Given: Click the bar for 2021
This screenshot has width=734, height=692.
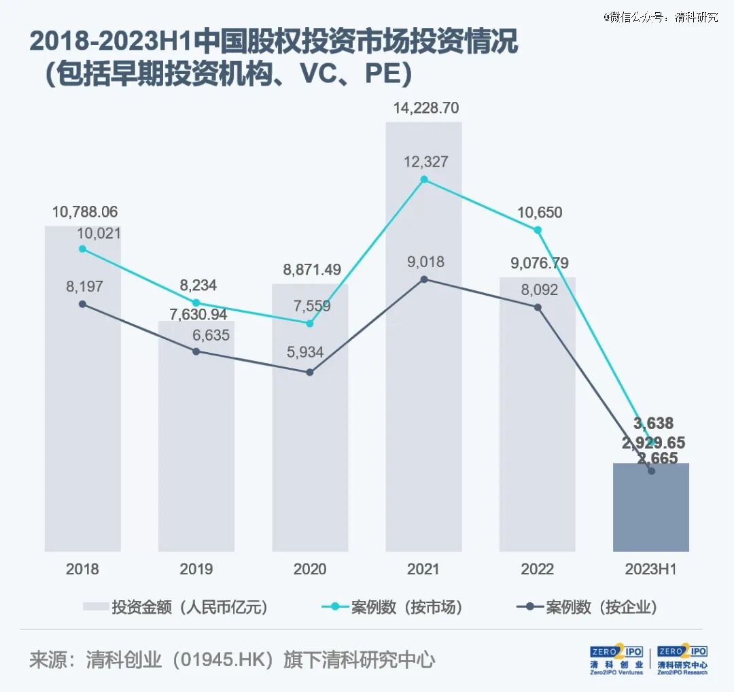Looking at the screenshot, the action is pyautogui.click(x=423, y=336).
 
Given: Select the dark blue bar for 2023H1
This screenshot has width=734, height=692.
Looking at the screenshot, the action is pyautogui.click(x=651, y=507).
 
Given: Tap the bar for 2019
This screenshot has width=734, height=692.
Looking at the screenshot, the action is pyautogui.click(x=196, y=436).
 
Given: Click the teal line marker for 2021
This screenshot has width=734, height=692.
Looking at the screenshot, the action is pyautogui.click(x=424, y=179).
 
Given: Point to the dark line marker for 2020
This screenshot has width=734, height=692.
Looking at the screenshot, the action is pyautogui.click(x=310, y=373).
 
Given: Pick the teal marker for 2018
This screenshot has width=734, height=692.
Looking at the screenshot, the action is pyautogui.click(x=82, y=249).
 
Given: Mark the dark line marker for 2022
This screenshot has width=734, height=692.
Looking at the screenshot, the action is pyautogui.click(x=538, y=308).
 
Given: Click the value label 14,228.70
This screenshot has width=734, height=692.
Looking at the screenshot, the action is pyautogui.click(x=426, y=108).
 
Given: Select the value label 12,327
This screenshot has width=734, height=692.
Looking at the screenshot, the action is pyautogui.click(x=426, y=162).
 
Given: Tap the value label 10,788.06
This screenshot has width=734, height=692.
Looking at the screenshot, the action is pyautogui.click(x=85, y=212).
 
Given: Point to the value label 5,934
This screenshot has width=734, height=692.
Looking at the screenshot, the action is pyautogui.click(x=305, y=352).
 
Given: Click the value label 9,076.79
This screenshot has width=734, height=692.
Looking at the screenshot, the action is pyautogui.click(x=539, y=263).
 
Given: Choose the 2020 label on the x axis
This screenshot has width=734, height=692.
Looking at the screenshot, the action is pyautogui.click(x=310, y=570).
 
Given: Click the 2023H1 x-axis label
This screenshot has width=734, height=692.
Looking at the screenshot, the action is pyautogui.click(x=650, y=570).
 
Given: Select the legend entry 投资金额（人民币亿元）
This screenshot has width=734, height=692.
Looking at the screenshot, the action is pyautogui.click(x=175, y=607).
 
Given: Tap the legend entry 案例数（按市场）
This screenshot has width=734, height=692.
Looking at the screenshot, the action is pyautogui.click(x=392, y=607).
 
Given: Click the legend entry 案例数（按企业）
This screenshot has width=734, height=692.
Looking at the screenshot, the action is pyautogui.click(x=587, y=607).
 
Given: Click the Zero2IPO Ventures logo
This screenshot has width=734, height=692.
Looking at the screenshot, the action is pyautogui.click(x=616, y=659).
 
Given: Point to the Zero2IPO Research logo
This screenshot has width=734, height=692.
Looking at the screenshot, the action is pyautogui.click(x=682, y=659).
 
